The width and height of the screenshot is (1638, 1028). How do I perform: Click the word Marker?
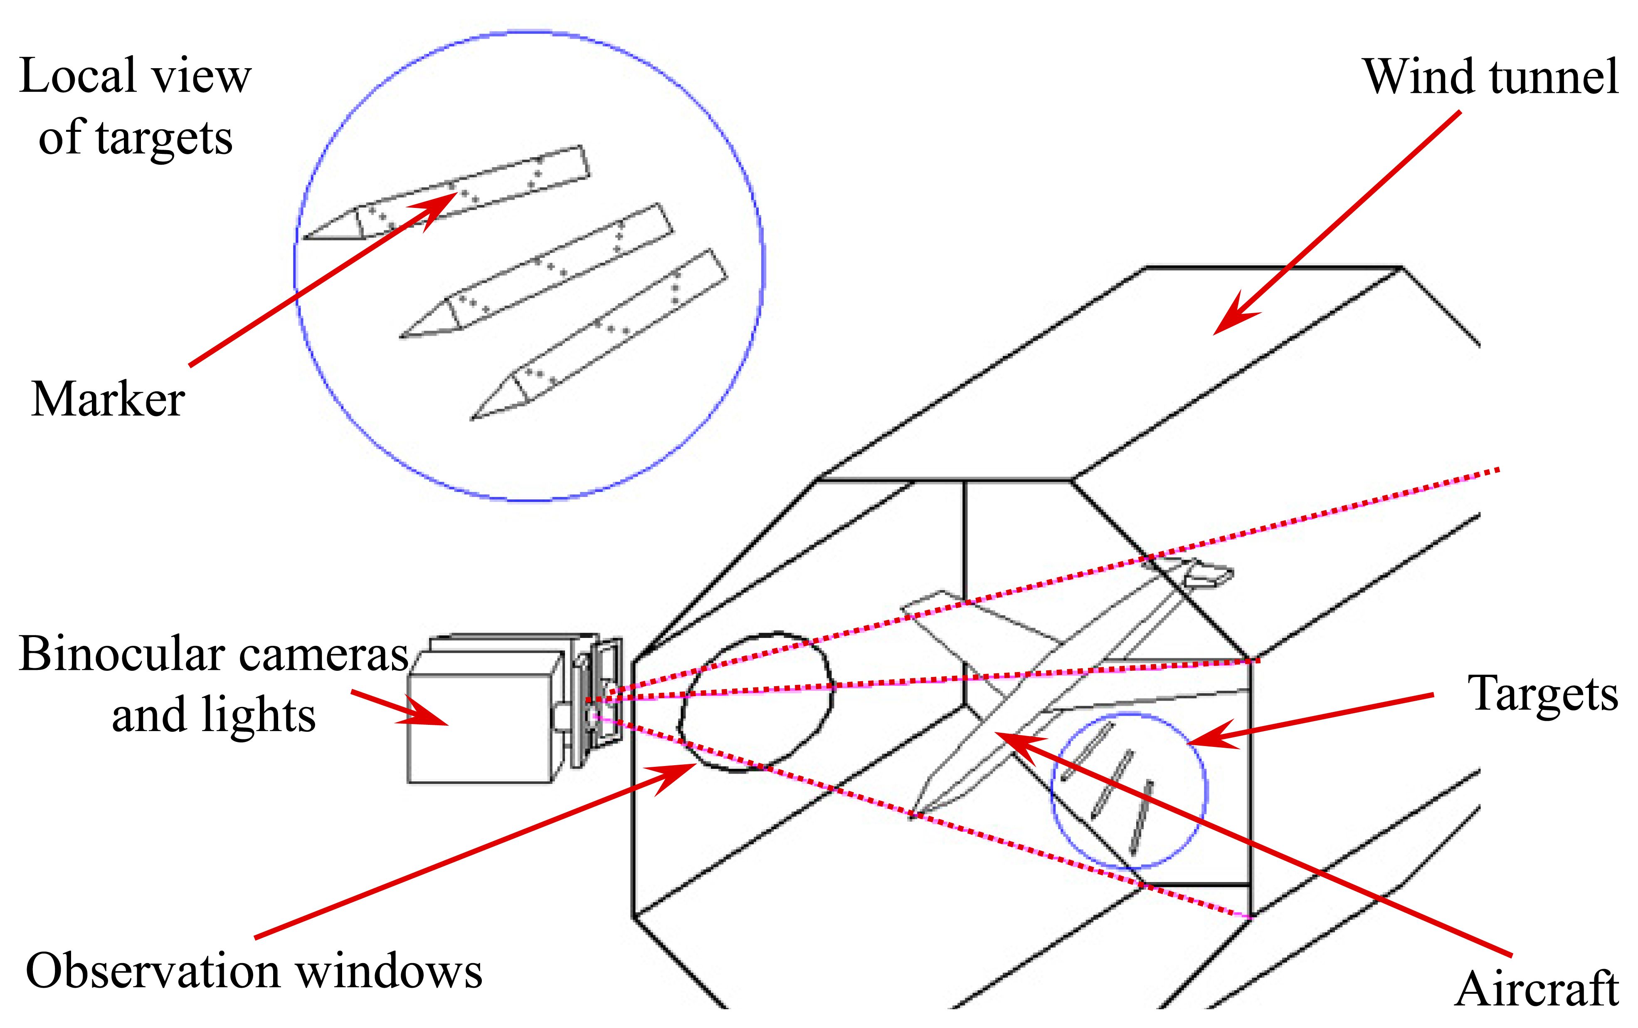click(107, 399)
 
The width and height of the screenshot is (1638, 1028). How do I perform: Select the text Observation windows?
click(254, 971)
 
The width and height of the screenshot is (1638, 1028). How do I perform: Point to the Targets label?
click(1543, 694)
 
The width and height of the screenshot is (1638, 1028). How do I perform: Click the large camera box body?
click(479, 727)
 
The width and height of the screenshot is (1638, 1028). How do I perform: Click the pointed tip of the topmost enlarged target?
click(306, 237)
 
